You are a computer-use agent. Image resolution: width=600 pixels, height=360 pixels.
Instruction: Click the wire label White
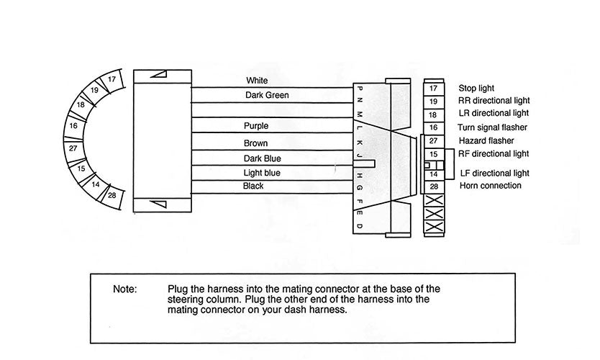pos(257,81)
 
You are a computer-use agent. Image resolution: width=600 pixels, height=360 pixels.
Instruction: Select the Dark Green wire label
pos(267,94)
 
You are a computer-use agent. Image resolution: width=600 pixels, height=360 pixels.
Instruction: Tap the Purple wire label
pos(256,126)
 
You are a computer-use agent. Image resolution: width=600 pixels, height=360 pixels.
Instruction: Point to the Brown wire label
pos(255,143)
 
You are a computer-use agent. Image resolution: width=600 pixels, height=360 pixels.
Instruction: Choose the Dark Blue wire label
pos(263,158)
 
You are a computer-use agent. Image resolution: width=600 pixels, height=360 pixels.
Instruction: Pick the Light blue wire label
pos(262,173)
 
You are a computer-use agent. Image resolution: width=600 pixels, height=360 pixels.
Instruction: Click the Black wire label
pos(254,186)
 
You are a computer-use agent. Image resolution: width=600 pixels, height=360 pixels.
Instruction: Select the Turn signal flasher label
pos(491,127)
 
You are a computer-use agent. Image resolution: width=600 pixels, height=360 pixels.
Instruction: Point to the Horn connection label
pos(490,186)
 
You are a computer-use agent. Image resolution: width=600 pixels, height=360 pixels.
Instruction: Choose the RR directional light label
pos(494,100)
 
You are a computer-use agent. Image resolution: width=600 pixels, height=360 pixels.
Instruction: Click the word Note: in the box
pos(124,289)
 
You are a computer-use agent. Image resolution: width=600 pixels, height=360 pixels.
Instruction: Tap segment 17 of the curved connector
pos(112,80)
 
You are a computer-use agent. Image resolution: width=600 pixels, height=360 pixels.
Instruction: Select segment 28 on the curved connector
pos(112,195)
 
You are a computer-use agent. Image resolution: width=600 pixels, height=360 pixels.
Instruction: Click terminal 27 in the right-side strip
pos(433,140)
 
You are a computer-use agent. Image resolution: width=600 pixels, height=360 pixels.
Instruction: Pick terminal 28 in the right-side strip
pos(433,186)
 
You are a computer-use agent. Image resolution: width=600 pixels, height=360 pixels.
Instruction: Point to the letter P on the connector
pos(360,88)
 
